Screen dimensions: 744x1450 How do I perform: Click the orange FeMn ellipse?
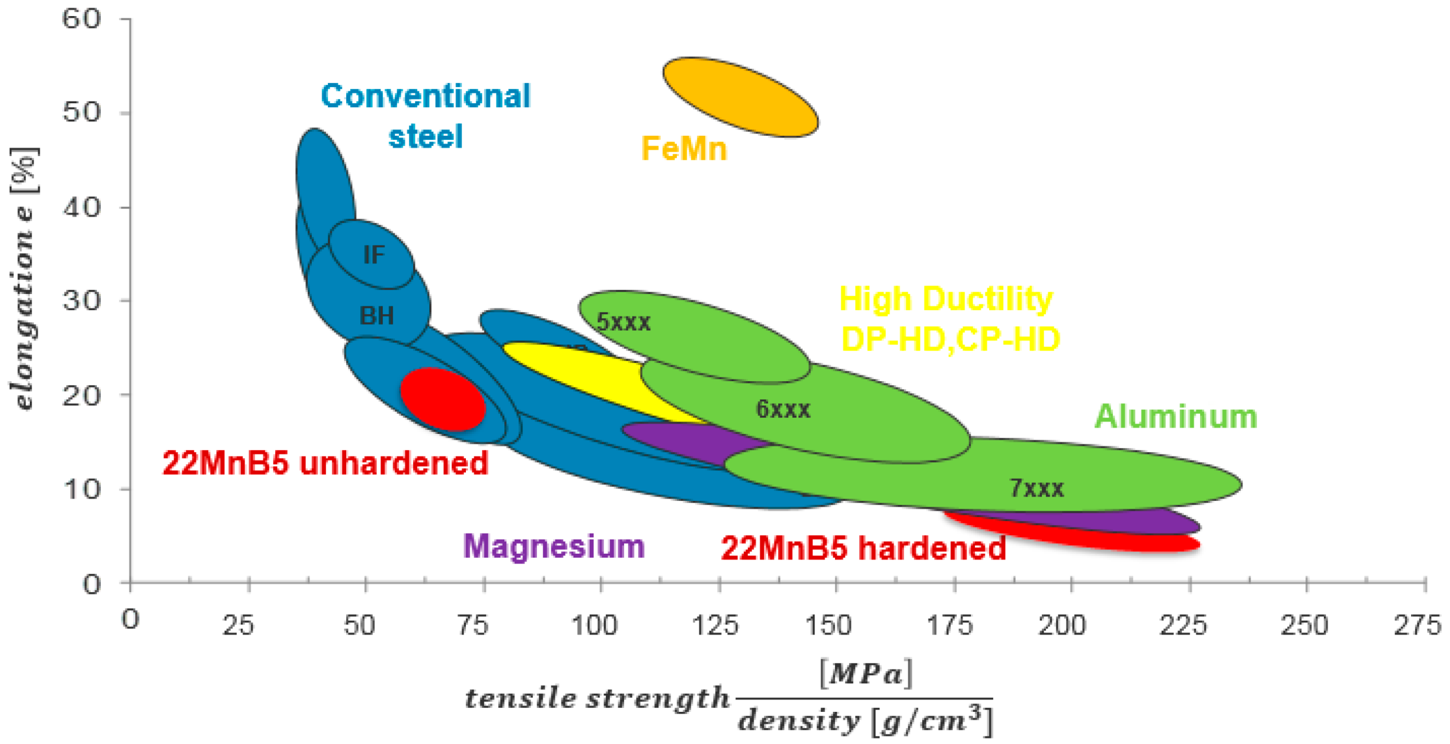point(740,97)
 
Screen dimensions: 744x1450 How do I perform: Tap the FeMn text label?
point(684,148)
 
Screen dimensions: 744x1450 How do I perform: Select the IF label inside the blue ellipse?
point(374,255)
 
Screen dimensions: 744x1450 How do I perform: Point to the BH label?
point(377,316)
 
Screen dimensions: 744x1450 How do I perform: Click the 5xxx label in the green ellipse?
point(624,322)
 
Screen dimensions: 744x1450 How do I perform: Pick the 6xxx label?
point(783,409)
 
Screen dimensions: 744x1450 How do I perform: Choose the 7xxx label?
point(1036,488)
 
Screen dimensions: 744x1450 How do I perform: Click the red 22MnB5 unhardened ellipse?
point(442,399)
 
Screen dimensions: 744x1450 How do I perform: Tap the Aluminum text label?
point(1175,417)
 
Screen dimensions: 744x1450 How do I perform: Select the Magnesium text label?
point(554,546)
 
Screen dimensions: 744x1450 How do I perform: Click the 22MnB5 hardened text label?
point(863,548)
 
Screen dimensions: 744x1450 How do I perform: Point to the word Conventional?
point(425,96)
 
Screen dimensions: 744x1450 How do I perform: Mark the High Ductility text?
point(946,299)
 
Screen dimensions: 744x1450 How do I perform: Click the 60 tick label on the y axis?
point(81,19)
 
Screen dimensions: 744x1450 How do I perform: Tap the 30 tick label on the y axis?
point(81,300)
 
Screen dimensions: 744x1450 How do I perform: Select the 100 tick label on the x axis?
point(595,625)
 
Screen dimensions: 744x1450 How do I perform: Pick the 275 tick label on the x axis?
point(1417,625)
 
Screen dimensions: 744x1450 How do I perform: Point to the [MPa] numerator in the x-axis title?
point(865,673)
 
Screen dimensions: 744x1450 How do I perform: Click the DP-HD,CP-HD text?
point(950,339)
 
